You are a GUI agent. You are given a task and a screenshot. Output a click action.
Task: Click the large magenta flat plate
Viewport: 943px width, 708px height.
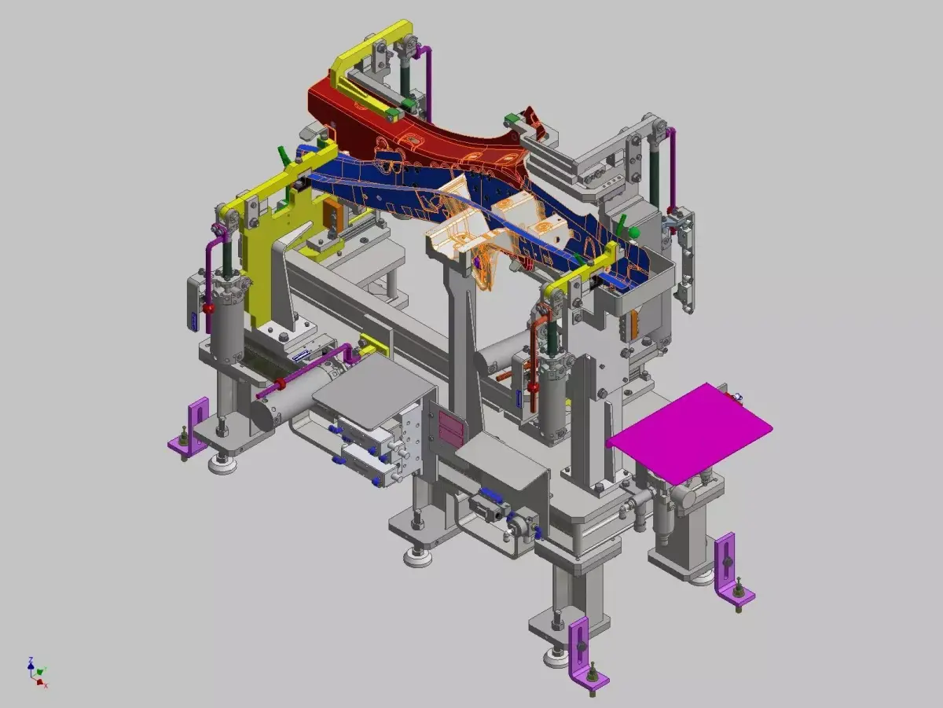pos(688,432)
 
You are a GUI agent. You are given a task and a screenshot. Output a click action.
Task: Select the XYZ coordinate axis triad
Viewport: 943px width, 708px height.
pos(36,673)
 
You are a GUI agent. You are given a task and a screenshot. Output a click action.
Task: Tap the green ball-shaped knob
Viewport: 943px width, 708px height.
pos(634,233)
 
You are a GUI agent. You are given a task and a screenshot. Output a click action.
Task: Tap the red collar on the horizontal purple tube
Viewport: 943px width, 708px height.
pos(280,383)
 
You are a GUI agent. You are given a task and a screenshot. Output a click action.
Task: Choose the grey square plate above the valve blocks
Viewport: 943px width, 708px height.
pos(372,389)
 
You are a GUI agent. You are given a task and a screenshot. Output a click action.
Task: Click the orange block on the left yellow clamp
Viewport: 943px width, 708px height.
pos(333,214)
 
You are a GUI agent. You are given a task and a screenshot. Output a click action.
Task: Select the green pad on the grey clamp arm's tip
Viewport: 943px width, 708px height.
pos(512,119)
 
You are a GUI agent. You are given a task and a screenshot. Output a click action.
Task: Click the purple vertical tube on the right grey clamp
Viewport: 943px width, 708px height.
pos(672,169)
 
